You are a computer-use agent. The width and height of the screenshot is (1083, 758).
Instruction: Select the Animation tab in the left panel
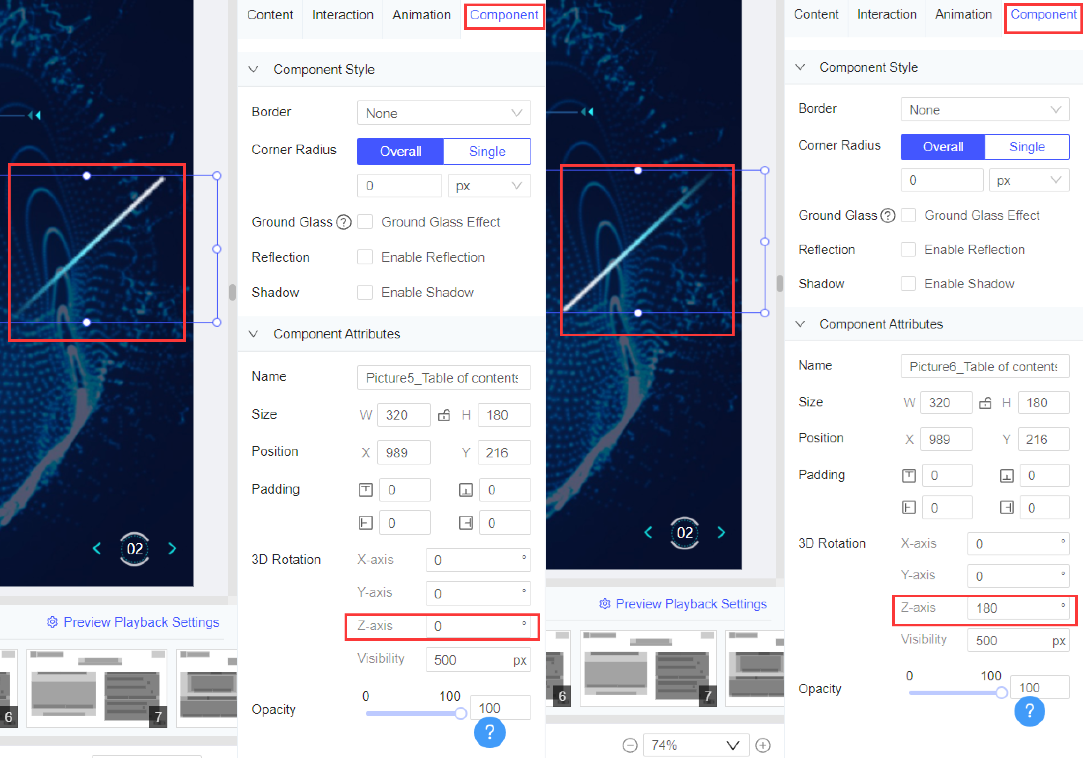[x=421, y=15]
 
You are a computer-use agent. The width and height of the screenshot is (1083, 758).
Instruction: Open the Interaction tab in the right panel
[x=886, y=15]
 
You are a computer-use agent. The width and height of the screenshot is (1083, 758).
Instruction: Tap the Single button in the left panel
[x=487, y=151]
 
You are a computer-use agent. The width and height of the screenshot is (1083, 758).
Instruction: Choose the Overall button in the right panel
[x=942, y=147]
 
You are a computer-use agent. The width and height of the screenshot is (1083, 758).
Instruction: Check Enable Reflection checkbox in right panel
[x=908, y=249]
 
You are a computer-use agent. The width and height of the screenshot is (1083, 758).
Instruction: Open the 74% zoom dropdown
[x=696, y=745]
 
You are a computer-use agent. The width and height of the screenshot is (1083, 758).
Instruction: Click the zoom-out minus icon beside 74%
[x=630, y=745]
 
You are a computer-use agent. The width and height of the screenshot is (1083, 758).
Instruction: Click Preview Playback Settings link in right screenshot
[x=691, y=604]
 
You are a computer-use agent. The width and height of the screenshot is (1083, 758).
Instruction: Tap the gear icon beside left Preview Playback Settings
[x=52, y=622]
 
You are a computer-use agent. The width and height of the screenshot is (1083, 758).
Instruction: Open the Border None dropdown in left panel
[x=443, y=113]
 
